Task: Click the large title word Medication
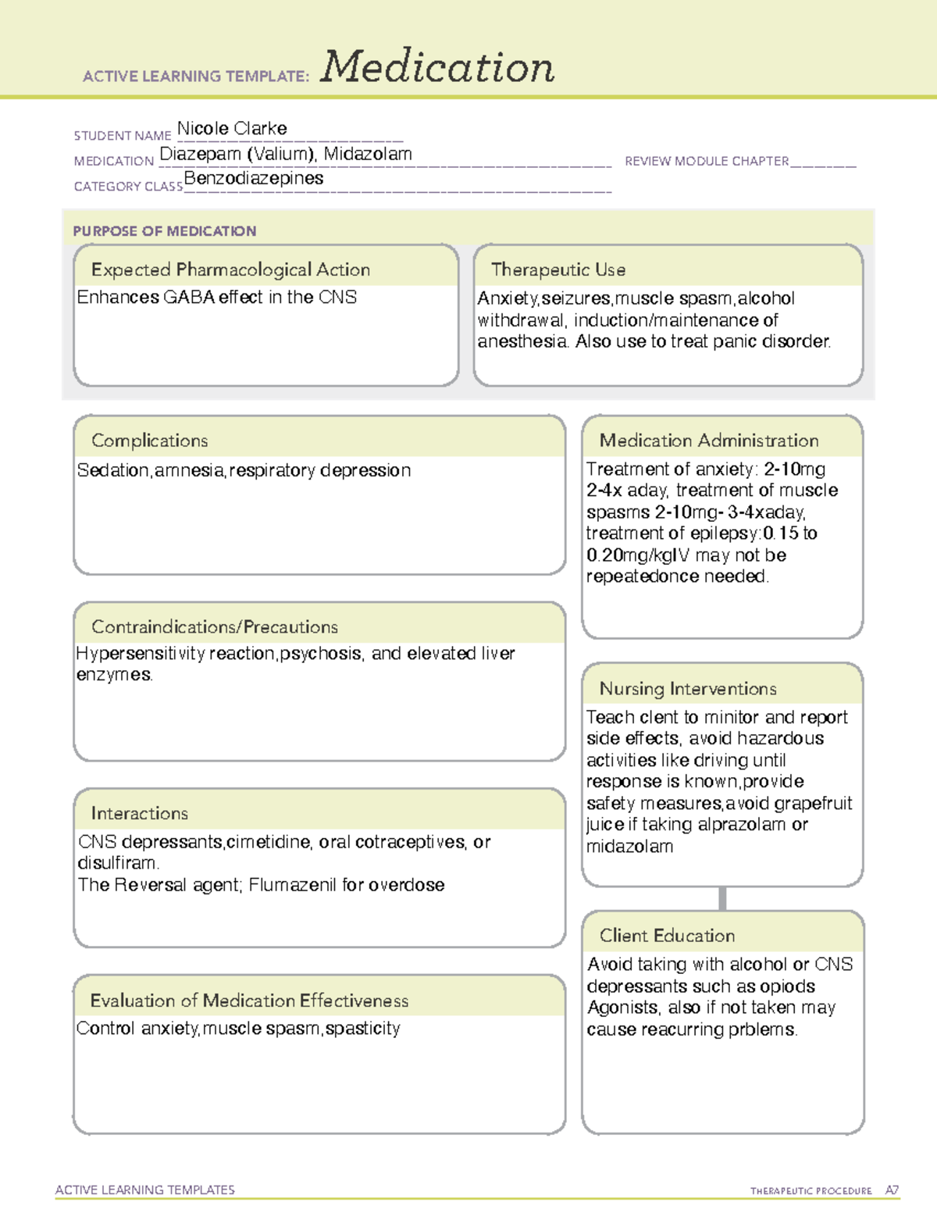point(437,67)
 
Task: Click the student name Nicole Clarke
point(232,128)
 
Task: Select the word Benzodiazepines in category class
point(254,178)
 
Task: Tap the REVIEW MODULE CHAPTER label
point(707,161)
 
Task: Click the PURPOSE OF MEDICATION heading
point(165,231)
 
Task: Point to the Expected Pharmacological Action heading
point(230,269)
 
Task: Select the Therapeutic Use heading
point(558,269)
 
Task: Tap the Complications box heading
point(150,441)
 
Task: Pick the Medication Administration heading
point(709,441)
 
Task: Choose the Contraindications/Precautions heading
point(215,626)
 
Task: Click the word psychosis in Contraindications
point(320,653)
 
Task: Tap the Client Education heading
point(668,936)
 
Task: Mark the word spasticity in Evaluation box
point(362,1028)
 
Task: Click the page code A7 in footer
point(892,1190)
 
